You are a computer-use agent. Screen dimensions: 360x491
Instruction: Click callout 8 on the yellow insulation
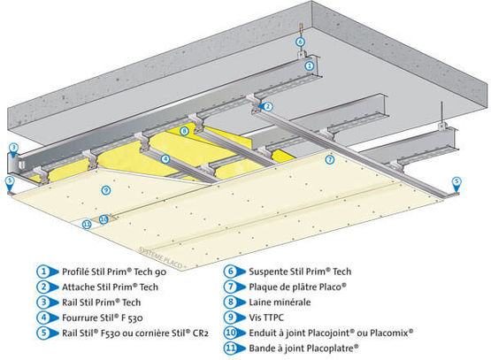pyautogui.click(x=183, y=131)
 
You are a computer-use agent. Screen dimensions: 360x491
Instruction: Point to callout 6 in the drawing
pyautogui.click(x=300, y=42)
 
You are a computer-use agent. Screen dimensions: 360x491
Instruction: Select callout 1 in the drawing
pyautogui.click(x=308, y=64)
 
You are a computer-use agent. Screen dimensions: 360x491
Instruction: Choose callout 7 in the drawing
pyautogui.click(x=329, y=160)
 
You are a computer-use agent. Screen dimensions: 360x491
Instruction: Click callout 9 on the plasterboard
pyautogui.click(x=105, y=189)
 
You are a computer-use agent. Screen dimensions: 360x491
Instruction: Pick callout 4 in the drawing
pyautogui.click(x=165, y=158)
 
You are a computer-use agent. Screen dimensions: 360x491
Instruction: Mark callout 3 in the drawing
pyautogui.click(x=13, y=147)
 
